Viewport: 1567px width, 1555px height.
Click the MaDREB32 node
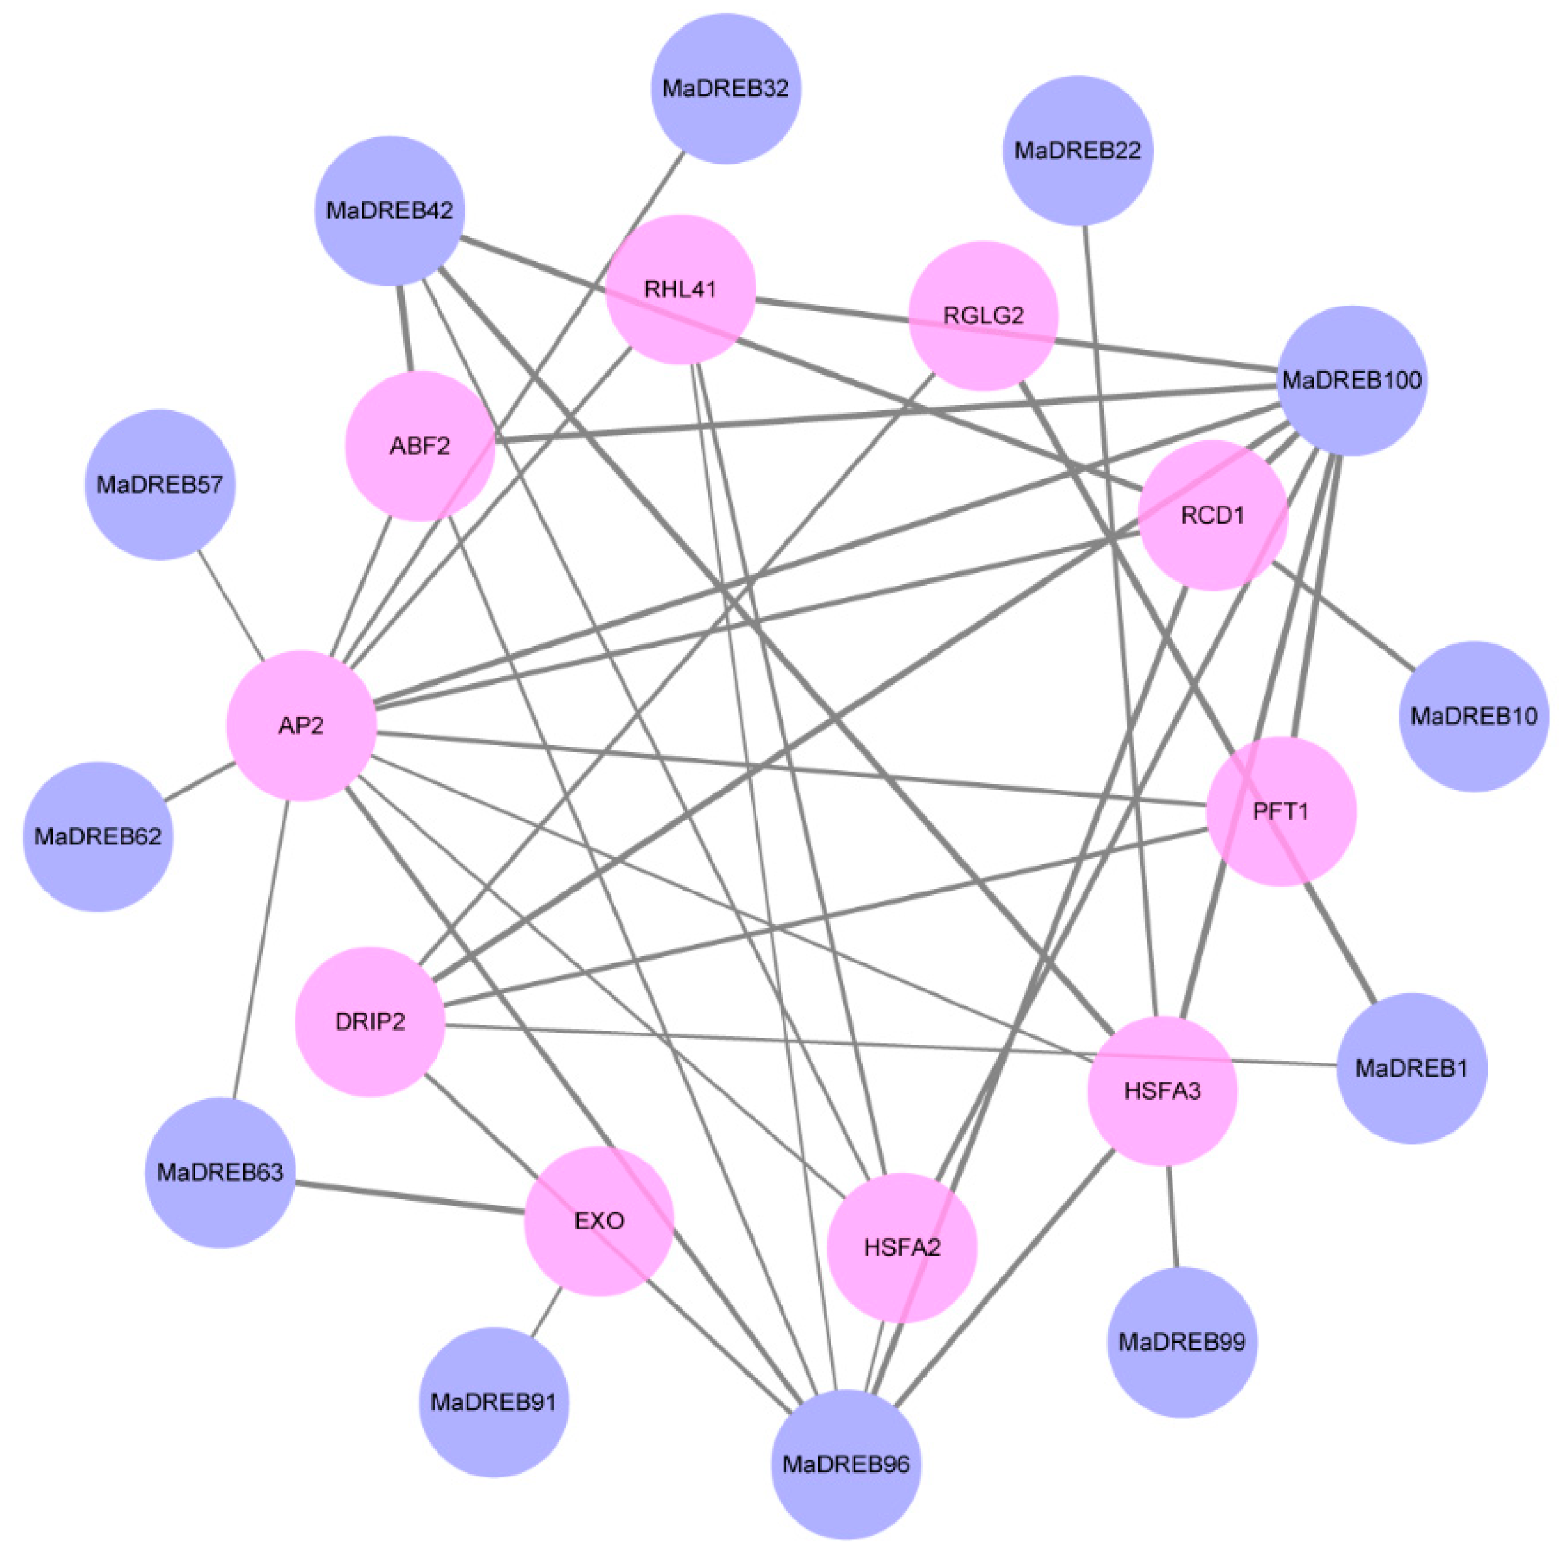[725, 89]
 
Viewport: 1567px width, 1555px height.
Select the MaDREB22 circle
[1077, 150]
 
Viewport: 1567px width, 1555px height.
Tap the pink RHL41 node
[680, 289]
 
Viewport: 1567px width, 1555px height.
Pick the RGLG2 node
[983, 315]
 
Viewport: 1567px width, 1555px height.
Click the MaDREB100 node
[1351, 380]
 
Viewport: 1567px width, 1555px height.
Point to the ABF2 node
[420, 446]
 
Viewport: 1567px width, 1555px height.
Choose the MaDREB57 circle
[160, 485]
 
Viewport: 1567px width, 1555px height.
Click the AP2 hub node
[301, 726]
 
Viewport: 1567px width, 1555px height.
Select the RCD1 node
[1213, 516]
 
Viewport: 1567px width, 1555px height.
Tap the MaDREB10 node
[1474, 717]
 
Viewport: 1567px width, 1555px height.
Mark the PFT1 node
[1281, 812]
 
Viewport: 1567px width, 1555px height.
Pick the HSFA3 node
[1162, 1091]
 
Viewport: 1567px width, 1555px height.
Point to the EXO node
[599, 1221]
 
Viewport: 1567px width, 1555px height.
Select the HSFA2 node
[902, 1247]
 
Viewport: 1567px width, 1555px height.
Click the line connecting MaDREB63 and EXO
[410, 1198]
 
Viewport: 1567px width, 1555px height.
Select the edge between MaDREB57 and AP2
[231, 605]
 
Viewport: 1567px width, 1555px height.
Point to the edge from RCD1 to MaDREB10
[1344, 616]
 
